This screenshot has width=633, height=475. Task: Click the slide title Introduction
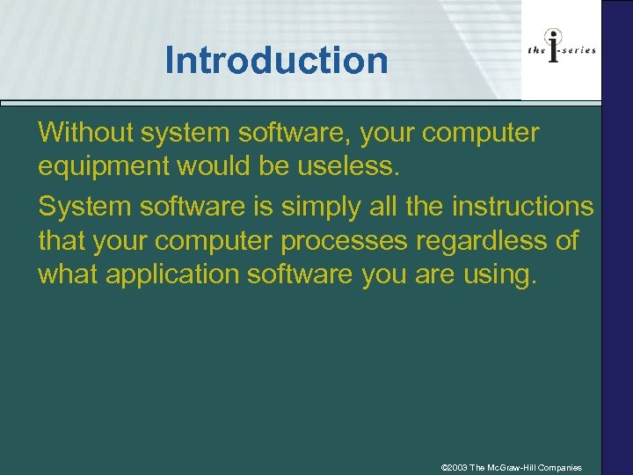(x=276, y=61)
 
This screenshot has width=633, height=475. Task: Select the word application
(x=172, y=274)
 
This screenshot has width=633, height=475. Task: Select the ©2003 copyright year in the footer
(x=455, y=467)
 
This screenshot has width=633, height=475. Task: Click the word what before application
(x=69, y=274)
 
